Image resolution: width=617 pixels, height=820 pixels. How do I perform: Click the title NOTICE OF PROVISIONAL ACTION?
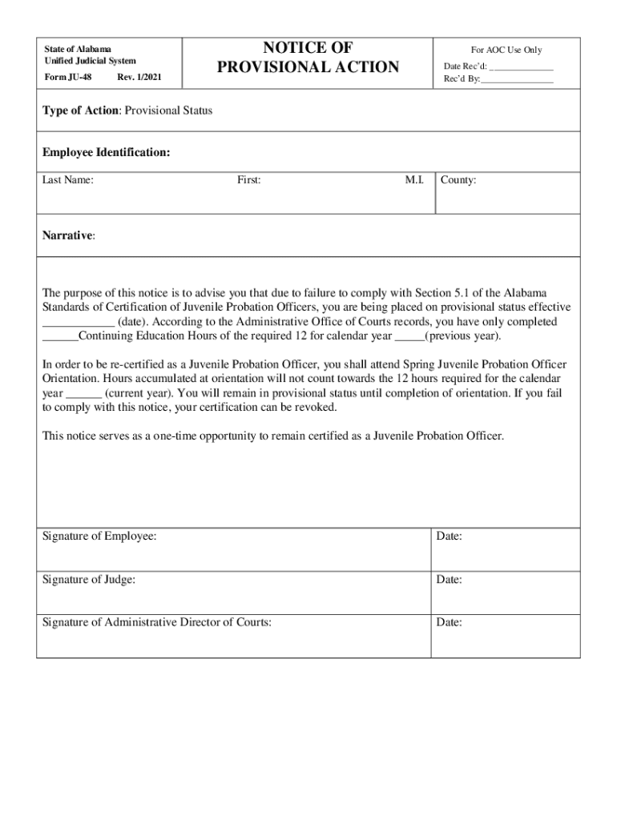308,57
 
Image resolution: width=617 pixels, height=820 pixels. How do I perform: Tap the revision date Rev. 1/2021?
143,77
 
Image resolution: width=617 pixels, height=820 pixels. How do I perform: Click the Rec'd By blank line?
518,80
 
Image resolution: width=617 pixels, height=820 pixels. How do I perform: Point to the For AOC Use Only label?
506,50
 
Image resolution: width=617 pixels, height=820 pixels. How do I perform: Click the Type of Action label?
80,111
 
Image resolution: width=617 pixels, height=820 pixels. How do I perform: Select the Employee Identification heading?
106,152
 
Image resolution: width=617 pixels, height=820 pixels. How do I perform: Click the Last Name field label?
68,180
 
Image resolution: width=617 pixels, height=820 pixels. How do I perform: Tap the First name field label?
248,180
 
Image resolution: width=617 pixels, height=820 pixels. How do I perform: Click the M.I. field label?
414,180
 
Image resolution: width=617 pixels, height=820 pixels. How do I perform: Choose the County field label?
458,180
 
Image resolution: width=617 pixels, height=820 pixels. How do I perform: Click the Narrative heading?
68,235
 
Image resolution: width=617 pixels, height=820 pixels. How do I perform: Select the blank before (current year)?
83,395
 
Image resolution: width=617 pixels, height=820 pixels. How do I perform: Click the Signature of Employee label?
99,537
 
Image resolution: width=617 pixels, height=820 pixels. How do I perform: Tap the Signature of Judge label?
89,580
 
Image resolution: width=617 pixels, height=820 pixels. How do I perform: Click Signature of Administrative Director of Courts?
156,622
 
